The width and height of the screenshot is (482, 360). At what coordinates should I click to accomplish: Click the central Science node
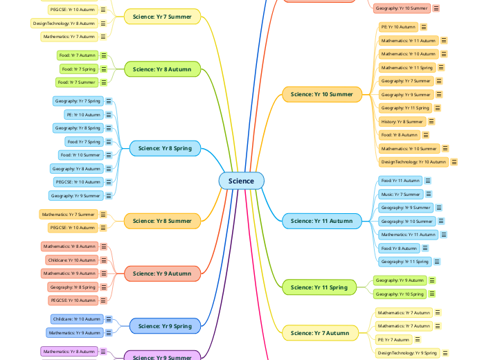pyautogui.click(x=241, y=181)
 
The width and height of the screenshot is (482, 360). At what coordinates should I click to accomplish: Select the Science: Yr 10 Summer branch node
pyautogui.click(x=321, y=94)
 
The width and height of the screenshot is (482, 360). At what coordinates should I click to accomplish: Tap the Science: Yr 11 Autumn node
pyautogui.click(x=321, y=221)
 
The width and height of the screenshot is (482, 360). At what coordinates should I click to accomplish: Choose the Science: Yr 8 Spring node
pyautogui.click(x=165, y=148)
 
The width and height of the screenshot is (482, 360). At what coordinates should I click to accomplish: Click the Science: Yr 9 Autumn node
pyautogui.click(x=162, y=273)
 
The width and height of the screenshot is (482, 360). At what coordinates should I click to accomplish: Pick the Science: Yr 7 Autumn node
pyautogui.click(x=320, y=333)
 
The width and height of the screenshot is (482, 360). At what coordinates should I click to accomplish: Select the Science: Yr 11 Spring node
pyautogui.click(x=319, y=287)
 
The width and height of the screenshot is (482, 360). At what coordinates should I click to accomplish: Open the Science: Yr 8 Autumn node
pyautogui.click(x=162, y=69)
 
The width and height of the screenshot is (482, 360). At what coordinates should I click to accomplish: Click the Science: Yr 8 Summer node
pyautogui.click(x=162, y=221)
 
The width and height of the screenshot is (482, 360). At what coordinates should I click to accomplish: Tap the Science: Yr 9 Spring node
pyautogui.click(x=165, y=326)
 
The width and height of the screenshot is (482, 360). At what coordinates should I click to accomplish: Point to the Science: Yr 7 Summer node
pyautogui.click(x=162, y=17)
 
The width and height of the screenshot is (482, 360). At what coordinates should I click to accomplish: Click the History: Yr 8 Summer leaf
pyautogui.click(x=402, y=121)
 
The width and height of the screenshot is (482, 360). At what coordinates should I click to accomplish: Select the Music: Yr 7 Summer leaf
pyautogui.click(x=400, y=194)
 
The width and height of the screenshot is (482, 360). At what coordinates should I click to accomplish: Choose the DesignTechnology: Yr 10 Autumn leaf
pyautogui.click(x=413, y=161)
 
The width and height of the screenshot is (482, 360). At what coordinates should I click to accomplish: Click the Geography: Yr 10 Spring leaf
pyautogui.click(x=399, y=294)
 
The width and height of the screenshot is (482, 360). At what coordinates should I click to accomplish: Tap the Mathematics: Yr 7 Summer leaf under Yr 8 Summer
pyautogui.click(x=68, y=214)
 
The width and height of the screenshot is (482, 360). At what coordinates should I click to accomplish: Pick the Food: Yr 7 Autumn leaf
pyautogui.click(x=77, y=55)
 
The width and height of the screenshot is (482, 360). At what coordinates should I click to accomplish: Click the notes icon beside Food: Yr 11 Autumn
pyautogui.click(x=428, y=181)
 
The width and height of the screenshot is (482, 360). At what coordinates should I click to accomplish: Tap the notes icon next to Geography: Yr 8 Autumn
pyautogui.click(x=109, y=168)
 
